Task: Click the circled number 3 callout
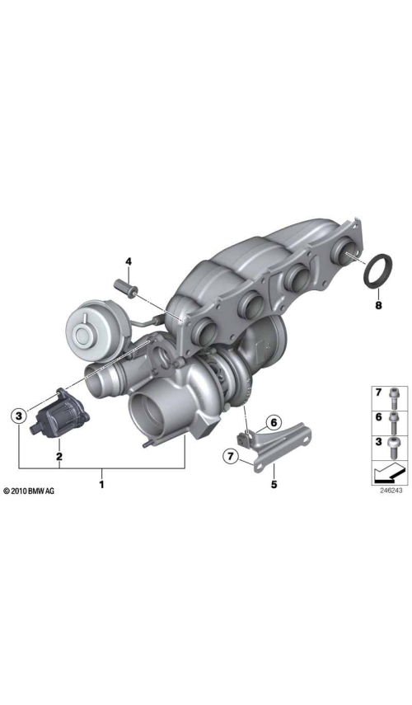pos(18,416)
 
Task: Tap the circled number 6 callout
pos(274,423)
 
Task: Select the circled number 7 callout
pos(231,457)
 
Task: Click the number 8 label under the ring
pos(378,306)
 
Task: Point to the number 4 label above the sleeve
pos(129,261)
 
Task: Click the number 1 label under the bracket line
pos(102,485)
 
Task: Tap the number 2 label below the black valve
pos(59,456)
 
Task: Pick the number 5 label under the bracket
pos(274,484)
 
